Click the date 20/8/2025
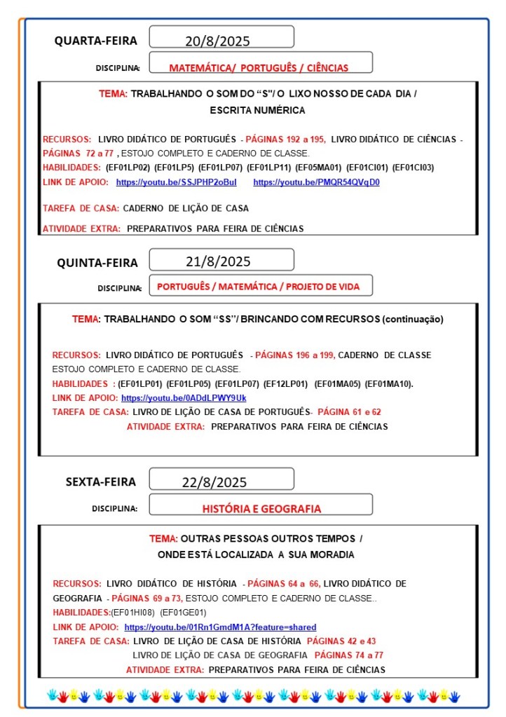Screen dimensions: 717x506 click(x=217, y=41)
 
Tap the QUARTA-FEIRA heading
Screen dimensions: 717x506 click(x=96, y=41)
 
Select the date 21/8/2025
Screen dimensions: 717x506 click(x=218, y=262)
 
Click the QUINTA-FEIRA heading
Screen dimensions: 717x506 click(x=97, y=263)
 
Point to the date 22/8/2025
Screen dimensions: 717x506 click(x=214, y=482)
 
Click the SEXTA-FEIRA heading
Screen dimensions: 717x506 click(x=101, y=482)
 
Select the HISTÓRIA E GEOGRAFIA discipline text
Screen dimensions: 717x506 click(x=261, y=509)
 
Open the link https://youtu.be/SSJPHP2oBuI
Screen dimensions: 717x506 click(x=176, y=182)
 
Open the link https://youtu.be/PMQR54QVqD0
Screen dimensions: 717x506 click(x=316, y=182)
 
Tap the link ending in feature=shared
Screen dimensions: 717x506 click(x=220, y=627)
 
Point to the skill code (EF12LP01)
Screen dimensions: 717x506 click(x=285, y=383)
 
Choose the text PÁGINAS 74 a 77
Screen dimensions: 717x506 click(x=348, y=655)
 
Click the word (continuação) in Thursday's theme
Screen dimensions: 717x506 click(x=413, y=319)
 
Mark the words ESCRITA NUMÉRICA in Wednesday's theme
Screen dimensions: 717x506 click(x=257, y=110)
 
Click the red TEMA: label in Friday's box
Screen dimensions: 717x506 click(x=163, y=539)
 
